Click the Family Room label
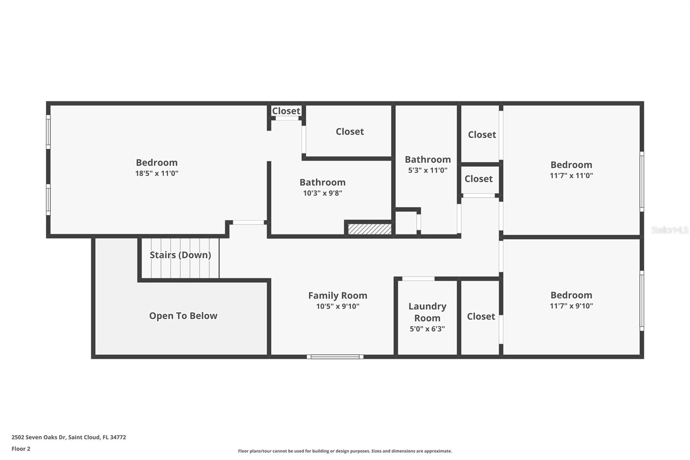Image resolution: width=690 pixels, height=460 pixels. tap(338, 295)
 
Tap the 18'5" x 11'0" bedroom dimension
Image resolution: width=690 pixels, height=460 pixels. tap(157, 173)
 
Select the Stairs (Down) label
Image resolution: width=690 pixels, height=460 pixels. tap(180, 255)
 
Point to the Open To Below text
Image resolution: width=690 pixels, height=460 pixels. tap(183, 316)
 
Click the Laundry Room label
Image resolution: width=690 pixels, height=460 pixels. tap(427, 312)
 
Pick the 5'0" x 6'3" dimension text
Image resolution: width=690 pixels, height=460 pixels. tap(427, 329)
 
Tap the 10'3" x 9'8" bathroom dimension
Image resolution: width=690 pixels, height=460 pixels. tap(323, 193)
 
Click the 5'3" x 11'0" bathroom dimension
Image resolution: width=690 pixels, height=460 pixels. tap(427, 170)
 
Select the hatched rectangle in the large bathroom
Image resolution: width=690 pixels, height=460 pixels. tap(370, 229)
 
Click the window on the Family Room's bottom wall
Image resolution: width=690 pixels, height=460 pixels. tap(335, 357)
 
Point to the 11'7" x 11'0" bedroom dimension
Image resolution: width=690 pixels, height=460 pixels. tap(571, 176)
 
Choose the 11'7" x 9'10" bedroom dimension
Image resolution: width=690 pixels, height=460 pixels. tap(571, 306)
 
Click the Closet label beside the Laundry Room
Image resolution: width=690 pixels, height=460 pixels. tap(481, 316)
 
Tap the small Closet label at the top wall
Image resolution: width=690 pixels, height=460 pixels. tap(286, 110)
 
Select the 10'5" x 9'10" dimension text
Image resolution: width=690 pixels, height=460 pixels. tap(338, 306)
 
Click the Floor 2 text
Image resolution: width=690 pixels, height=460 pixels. tap(21, 449)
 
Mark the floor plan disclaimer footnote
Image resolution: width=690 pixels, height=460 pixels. tap(345, 451)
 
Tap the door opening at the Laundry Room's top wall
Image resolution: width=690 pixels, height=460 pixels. tap(418, 279)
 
